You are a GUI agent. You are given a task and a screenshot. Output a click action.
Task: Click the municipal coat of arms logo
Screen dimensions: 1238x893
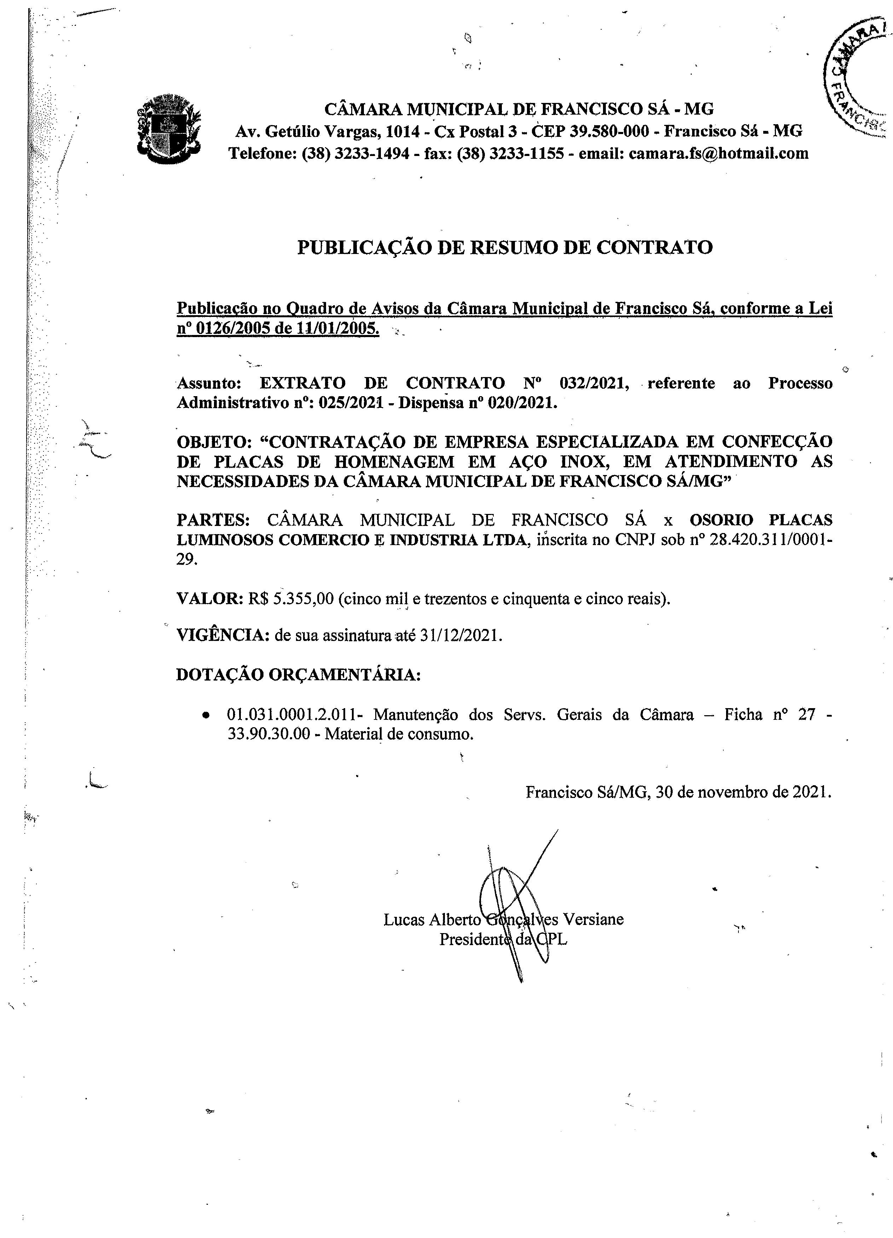(168, 130)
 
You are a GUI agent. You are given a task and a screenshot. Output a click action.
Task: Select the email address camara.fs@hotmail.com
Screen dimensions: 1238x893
(718, 154)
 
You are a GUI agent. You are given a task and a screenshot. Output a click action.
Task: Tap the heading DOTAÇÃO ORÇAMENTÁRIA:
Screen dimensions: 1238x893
(298, 675)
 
